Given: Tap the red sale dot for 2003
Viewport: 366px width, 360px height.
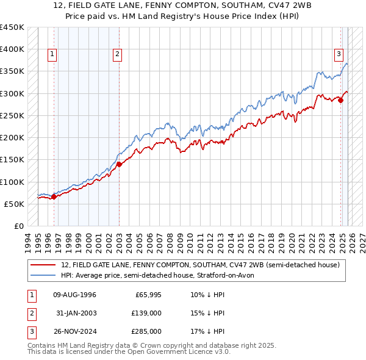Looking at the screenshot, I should (x=119, y=164).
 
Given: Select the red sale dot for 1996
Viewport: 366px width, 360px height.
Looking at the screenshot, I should (x=54, y=196).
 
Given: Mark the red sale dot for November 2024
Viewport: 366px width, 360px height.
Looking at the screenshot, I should (x=341, y=101).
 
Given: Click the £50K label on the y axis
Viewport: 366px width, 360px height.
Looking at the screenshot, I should (x=15, y=204).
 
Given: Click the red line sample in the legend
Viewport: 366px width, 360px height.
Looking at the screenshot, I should (x=44, y=265).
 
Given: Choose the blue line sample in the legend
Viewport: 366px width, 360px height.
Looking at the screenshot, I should (x=44, y=275).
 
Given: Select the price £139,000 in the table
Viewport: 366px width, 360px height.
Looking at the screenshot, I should (x=146, y=314).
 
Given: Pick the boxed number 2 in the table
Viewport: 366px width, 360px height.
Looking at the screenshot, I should (x=30, y=314).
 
